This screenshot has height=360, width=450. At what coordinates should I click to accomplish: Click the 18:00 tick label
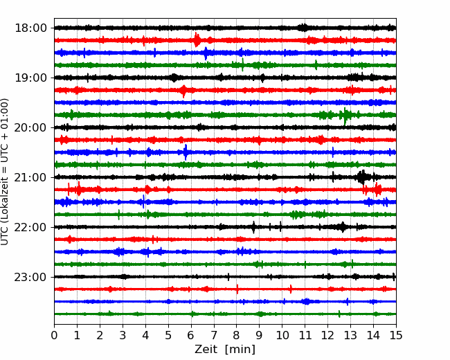pyautogui.click(x=30, y=28)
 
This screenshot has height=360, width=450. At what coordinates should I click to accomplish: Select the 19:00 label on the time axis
pyautogui.click(x=30, y=78)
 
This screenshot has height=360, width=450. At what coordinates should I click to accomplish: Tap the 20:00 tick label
pyautogui.click(x=30, y=127)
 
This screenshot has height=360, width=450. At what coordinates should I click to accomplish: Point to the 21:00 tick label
pyautogui.click(x=30, y=177)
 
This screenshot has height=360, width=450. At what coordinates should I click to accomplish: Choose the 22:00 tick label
pyautogui.click(x=30, y=227)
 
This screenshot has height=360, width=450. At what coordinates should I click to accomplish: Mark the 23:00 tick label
pyautogui.click(x=30, y=277)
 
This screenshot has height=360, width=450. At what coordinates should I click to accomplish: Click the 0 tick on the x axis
pyautogui.click(x=54, y=335)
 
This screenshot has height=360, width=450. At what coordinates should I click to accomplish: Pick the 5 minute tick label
pyautogui.click(x=168, y=335)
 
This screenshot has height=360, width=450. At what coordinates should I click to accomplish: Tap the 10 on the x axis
pyautogui.click(x=282, y=335)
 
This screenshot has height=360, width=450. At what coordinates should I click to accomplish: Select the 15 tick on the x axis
pyautogui.click(x=396, y=335)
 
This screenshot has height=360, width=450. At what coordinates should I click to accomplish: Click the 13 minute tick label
pyautogui.click(x=350, y=335)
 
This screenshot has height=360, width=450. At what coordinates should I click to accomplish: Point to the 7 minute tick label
pyautogui.click(x=214, y=335)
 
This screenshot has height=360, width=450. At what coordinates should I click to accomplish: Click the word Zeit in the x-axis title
pyautogui.click(x=206, y=349)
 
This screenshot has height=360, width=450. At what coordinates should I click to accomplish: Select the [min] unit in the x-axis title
pyautogui.click(x=240, y=350)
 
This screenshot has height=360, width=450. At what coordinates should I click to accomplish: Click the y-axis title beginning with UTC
pyautogui.click(x=5, y=172)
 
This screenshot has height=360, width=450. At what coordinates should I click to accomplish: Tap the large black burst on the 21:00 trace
pyautogui.click(x=362, y=177)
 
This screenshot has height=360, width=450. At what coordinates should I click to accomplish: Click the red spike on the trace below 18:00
pyautogui.click(x=197, y=39)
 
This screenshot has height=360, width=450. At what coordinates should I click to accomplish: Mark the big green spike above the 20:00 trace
pyautogui.click(x=345, y=116)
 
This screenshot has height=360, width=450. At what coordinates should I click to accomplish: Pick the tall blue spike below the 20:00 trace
pyautogui.click(x=186, y=152)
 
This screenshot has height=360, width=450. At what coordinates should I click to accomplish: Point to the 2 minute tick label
pyautogui.click(x=100, y=335)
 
